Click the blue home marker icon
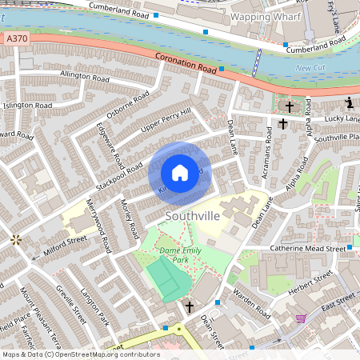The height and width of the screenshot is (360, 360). (180, 173)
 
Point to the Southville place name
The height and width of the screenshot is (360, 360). (192, 217)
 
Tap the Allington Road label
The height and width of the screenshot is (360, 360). (85, 78)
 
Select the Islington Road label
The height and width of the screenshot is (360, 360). (28, 105)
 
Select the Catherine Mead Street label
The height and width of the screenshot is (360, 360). (307, 249)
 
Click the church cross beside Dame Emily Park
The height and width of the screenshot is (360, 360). (190, 306)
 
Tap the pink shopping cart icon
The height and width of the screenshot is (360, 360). (300, 318)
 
